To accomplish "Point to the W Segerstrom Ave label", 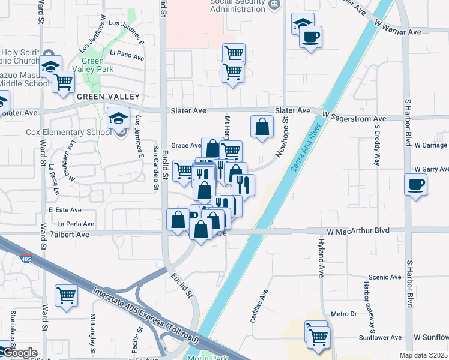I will [354, 119].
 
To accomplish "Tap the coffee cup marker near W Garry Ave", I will [415, 184].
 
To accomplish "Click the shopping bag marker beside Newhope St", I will [262, 127].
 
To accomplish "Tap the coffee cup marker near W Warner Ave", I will [310, 37].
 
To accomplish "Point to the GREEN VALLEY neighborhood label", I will [107, 97].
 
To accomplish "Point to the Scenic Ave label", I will [385, 277].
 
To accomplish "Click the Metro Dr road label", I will [343, 314].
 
